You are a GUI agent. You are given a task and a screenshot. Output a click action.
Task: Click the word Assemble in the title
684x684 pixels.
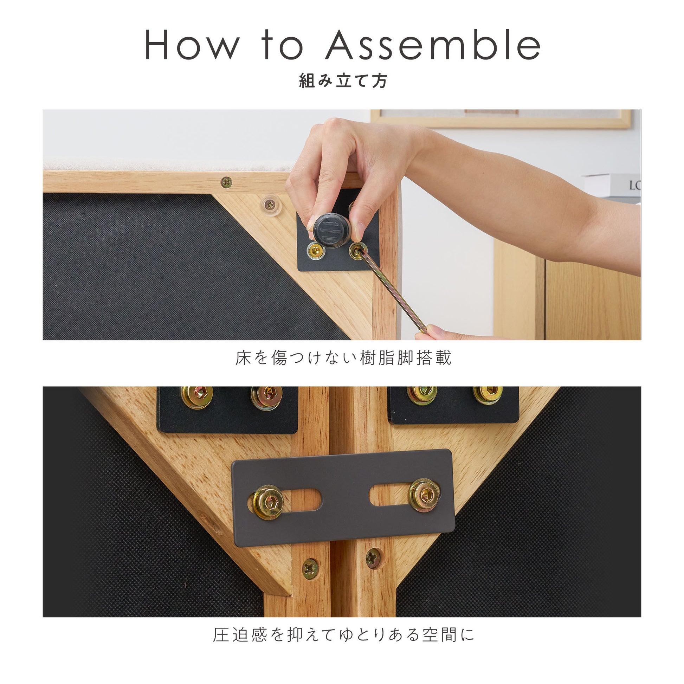(x=433, y=45)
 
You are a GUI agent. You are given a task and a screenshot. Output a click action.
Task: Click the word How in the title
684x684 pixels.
(x=192, y=45)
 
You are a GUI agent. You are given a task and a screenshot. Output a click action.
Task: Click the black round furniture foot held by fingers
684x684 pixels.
(x=332, y=230)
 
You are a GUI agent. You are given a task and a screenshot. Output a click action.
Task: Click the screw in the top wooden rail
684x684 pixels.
(x=226, y=182)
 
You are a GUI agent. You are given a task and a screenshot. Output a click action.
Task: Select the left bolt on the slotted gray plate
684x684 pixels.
(x=268, y=502)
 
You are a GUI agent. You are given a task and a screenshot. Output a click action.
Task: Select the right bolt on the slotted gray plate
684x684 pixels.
(x=425, y=495)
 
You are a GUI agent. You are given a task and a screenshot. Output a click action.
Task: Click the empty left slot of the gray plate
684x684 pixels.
(x=303, y=500)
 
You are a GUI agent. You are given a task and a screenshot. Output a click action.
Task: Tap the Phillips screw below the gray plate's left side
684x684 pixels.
(x=310, y=569)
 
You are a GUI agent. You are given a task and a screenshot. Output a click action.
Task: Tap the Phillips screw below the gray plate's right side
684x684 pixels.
(x=373, y=558)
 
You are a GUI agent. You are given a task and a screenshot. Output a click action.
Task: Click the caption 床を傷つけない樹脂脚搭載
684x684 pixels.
(x=343, y=358)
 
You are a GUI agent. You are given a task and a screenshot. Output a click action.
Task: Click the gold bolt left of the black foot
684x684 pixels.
(x=315, y=251)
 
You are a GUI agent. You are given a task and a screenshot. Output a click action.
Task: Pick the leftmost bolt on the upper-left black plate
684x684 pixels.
(x=197, y=397)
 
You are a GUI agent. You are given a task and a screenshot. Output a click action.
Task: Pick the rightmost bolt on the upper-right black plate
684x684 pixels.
(x=488, y=394)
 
